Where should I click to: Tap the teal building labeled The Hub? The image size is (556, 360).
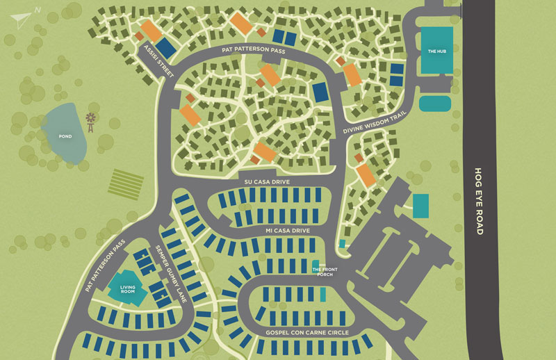pos(436,50)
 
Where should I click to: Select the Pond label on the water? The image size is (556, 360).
pos(65,136)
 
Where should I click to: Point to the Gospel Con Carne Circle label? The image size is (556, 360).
pos(304,334)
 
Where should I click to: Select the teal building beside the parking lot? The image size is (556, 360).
pos(420,206)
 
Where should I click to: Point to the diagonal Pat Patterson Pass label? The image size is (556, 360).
pos(106,264)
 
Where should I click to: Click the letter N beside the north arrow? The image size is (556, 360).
pos(38,9)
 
